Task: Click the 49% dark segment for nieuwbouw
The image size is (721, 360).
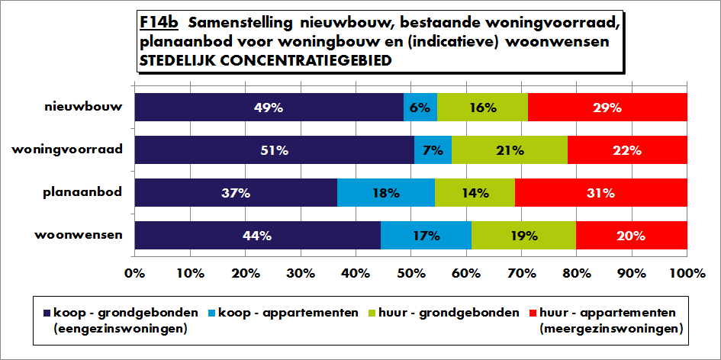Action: point(269,107)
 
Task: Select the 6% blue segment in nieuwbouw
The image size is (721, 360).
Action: point(420,107)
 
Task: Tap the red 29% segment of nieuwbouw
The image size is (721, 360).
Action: point(607,107)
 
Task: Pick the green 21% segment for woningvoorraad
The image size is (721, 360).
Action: point(510,150)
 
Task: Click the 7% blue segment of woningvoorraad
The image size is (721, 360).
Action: point(433,150)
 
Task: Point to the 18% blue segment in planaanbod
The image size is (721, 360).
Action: point(386,193)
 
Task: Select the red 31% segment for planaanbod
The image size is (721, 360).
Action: point(601,193)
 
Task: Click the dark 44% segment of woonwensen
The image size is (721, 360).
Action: point(258,236)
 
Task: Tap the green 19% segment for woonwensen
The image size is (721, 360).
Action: point(523,236)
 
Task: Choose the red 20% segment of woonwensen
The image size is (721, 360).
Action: point(632,236)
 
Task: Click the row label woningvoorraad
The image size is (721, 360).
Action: point(67,150)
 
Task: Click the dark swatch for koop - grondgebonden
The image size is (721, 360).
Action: point(47,313)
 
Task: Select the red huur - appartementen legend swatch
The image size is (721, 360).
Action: point(533,313)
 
